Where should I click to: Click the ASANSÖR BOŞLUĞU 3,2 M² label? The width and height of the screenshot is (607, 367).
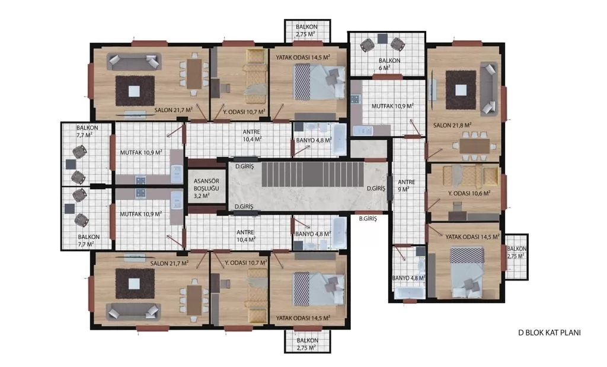(x=206, y=188)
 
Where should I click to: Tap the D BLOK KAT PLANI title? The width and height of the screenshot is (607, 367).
(x=550, y=333)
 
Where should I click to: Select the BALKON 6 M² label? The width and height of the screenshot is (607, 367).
(x=389, y=64)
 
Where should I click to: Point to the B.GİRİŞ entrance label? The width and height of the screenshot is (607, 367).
(x=368, y=218)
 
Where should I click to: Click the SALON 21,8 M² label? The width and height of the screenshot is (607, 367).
(x=452, y=125)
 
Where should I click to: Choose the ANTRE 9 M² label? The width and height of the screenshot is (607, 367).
(x=406, y=186)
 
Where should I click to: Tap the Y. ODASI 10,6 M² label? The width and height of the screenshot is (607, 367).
(x=469, y=193)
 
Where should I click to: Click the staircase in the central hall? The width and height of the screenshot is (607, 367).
(x=313, y=174)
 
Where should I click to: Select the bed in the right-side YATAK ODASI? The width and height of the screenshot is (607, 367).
(x=467, y=272)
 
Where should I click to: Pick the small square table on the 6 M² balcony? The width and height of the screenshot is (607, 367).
(x=382, y=39)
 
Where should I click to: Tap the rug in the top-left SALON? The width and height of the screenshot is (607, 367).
(x=135, y=91)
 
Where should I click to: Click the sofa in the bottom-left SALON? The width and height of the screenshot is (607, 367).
(x=133, y=312)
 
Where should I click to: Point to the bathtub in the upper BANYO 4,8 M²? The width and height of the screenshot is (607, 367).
(x=340, y=139)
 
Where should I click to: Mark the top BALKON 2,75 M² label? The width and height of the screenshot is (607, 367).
(x=306, y=30)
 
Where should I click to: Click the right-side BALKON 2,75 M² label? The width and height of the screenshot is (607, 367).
(x=516, y=253)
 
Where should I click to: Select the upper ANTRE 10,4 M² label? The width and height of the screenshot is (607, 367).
(x=252, y=136)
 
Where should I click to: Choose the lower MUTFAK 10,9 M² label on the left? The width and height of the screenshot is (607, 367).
(x=141, y=213)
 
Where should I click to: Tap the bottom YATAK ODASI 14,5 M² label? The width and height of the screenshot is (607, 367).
(x=303, y=318)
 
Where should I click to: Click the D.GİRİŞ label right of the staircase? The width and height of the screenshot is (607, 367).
(x=376, y=188)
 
